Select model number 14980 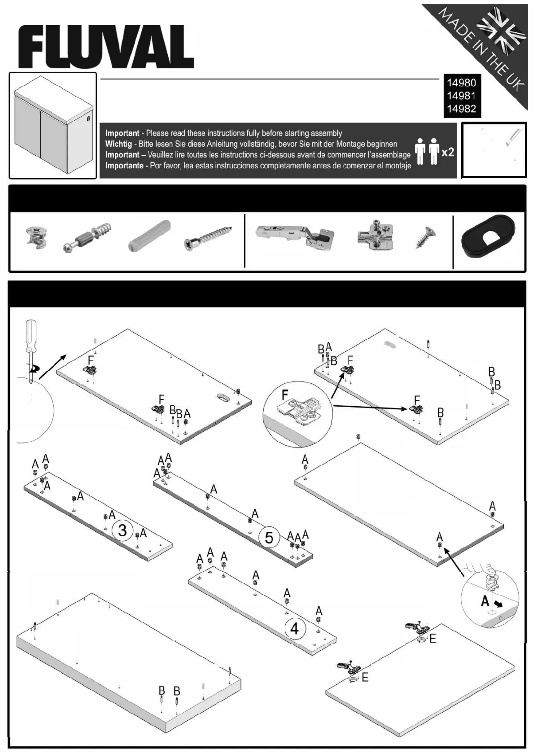point(461,83)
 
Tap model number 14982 point(461,109)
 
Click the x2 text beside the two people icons point(448,152)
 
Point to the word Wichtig point(118,144)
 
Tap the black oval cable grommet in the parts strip point(488,240)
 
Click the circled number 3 point(122,530)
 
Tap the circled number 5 point(269,537)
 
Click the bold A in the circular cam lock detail point(485,601)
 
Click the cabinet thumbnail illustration point(53,125)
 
